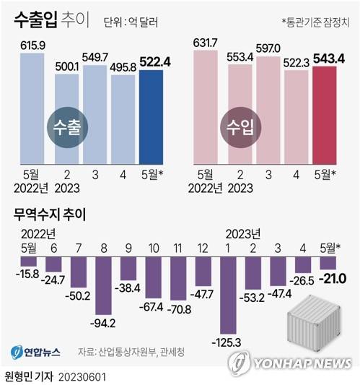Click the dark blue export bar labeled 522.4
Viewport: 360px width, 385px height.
[x=151, y=117]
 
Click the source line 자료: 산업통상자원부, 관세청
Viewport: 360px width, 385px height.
[x=134, y=352]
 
